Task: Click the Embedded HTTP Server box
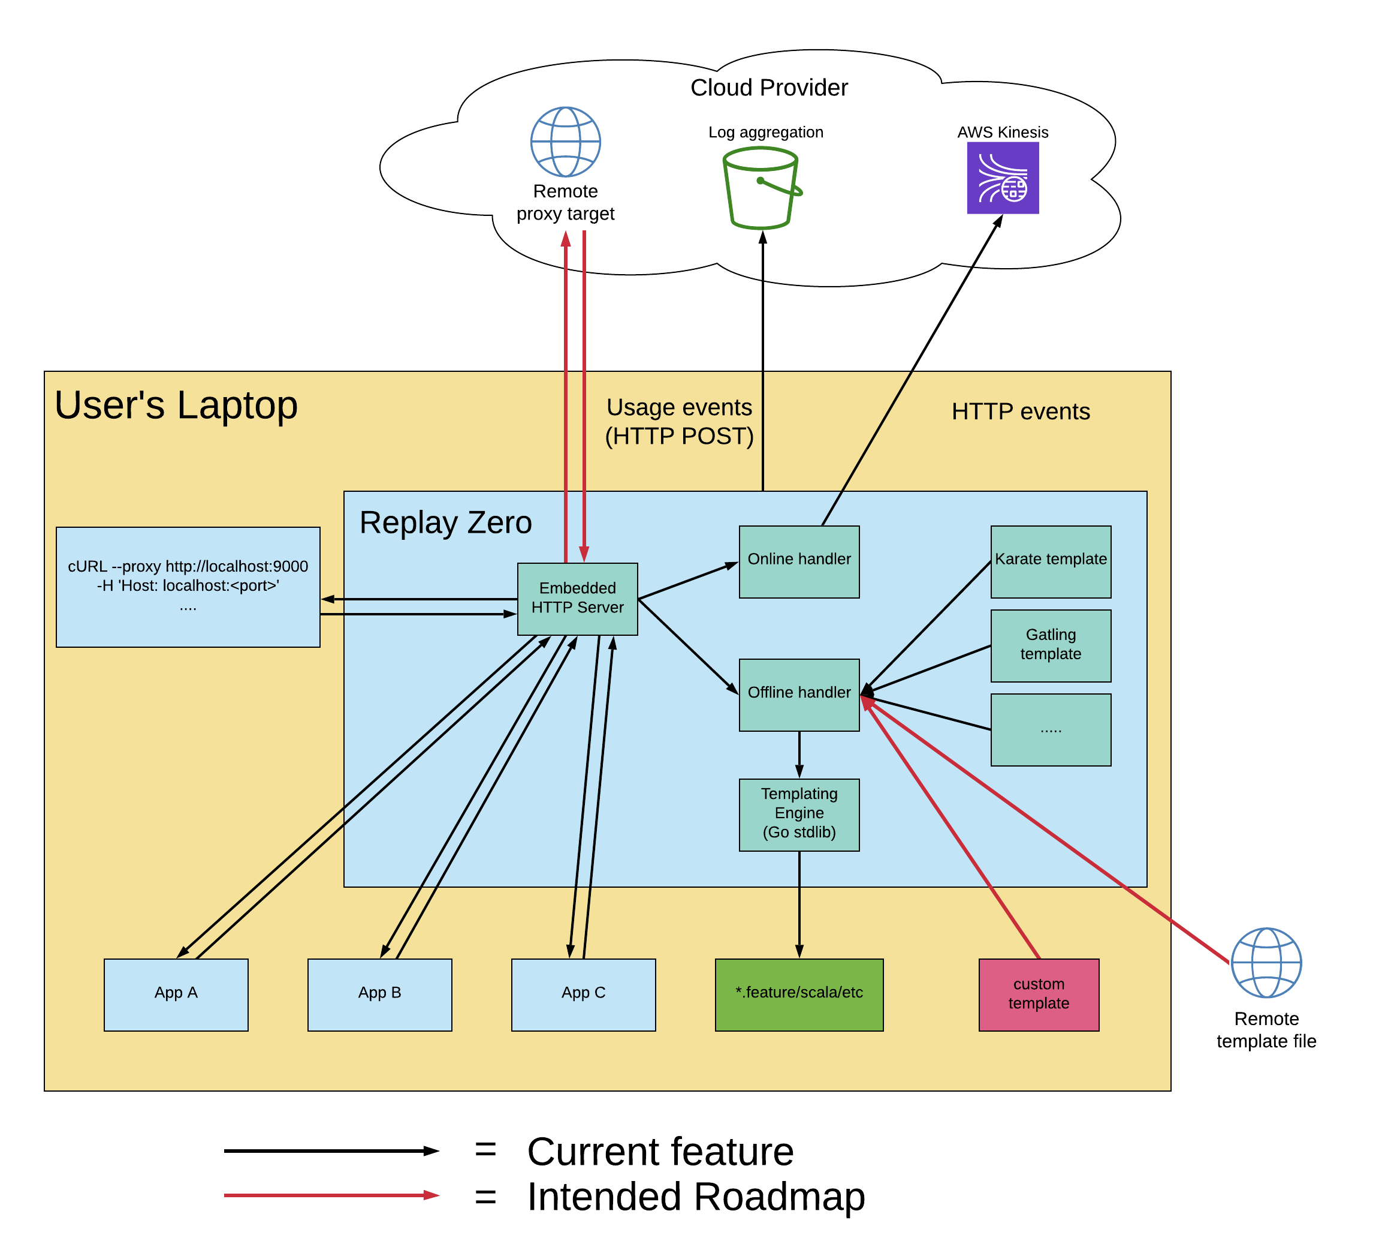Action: tap(578, 599)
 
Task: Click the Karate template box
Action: tap(1051, 561)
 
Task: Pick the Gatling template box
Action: tap(1051, 645)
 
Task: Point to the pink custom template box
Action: tap(1038, 994)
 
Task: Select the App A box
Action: tap(176, 994)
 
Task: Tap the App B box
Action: tap(379, 994)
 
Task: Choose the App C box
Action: tap(584, 994)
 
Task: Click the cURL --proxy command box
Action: tap(188, 587)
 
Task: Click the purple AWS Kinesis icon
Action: tap(1003, 178)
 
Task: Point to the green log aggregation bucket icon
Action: tap(761, 188)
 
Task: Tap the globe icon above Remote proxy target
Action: tap(565, 142)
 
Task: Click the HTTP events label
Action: tap(1021, 411)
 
